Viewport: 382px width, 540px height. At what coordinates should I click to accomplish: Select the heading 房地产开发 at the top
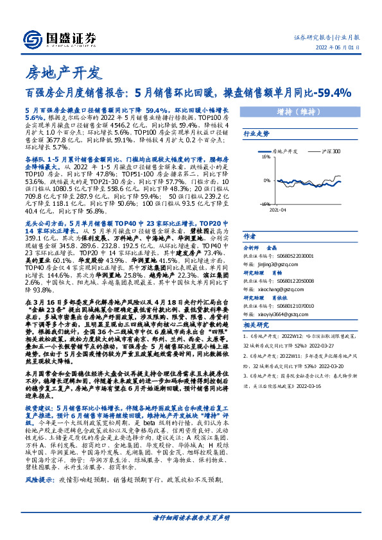62,71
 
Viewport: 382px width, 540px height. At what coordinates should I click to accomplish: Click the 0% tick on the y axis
266,180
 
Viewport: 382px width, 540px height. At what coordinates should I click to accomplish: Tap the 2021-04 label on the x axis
277,209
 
